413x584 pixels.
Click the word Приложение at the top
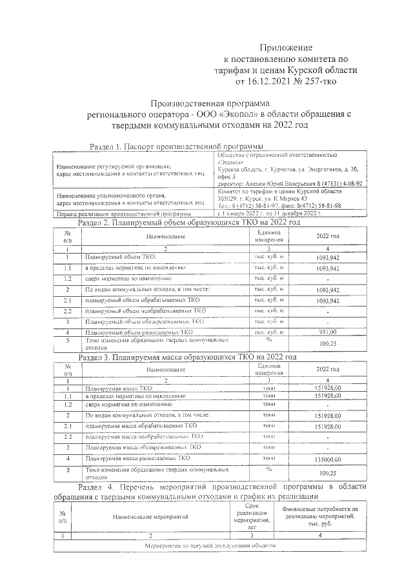click(286, 48)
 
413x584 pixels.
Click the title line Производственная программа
click(210, 103)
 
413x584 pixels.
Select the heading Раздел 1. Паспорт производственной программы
click(176, 146)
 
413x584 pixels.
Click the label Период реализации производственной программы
click(115, 214)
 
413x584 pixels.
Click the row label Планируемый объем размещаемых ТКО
click(139, 332)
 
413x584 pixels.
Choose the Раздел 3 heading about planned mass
click(187, 356)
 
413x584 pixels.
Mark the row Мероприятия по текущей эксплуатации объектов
click(210, 545)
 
